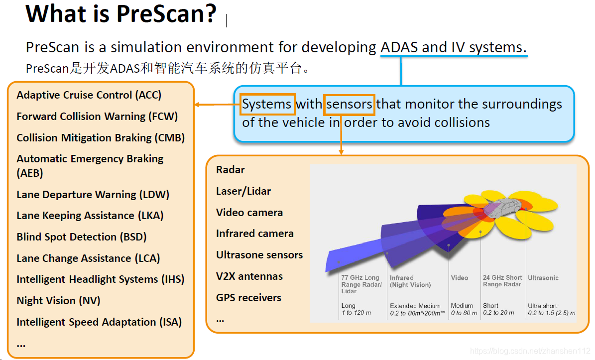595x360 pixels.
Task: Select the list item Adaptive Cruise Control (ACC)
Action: (89, 95)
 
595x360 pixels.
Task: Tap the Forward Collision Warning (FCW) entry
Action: (97, 117)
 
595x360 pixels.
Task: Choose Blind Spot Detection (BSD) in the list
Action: (82, 237)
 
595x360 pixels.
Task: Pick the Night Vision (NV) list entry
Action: (58, 301)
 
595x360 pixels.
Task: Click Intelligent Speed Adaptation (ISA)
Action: (99, 322)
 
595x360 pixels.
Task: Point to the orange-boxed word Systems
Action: (267, 105)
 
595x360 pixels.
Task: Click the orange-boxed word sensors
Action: (349, 105)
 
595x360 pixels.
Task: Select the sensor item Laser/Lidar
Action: (243, 191)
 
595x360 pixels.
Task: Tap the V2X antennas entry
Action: (249, 276)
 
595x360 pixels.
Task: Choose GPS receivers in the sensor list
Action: (248, 298)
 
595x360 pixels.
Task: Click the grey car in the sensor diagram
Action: (500, 207)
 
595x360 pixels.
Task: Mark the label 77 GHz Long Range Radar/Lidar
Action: (361, 284)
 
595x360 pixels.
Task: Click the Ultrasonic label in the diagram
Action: (543, 278)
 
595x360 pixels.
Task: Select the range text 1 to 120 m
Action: (356, 313)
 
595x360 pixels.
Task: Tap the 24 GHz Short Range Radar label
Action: (502, 281)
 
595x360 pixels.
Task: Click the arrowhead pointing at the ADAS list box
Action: (197, 105)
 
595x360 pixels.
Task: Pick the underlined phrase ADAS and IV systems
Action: (453, 48)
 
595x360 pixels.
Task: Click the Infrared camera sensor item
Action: (255, 234)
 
